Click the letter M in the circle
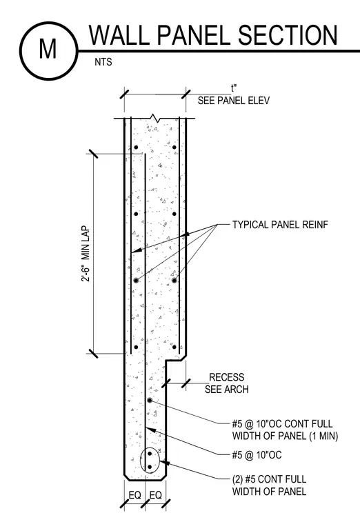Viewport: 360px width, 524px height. tap(48, 49)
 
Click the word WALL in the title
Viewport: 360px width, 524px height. tap(119, 35)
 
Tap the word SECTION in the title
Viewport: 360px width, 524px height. tap(288, 35)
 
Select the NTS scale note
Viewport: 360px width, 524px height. tap(103, 62)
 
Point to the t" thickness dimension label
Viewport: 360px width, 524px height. tap(234, 88)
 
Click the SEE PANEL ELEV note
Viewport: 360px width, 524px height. tap(234, 101)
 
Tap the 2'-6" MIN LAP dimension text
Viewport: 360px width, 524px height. tap(86, 254)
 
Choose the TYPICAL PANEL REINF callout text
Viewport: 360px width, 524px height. tap(280, 225)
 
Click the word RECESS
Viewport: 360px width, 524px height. tap(227, 377)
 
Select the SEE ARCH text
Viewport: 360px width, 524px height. tap(227, 390)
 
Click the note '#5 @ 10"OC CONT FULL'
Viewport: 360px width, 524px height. tap(283, 424)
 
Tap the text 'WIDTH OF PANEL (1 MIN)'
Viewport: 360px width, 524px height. tap(285, 436)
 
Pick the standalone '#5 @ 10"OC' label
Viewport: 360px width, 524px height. tap(257, 455)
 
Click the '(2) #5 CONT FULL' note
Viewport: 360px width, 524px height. tap(269, 479)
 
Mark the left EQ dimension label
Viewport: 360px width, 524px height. tap(134, 495)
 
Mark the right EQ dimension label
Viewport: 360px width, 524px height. tap(155, 495)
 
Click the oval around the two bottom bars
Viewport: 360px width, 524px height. tap(141, 460)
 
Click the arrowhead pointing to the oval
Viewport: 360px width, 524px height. tap(164, 463)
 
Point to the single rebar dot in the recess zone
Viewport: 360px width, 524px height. tap(150, 400)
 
